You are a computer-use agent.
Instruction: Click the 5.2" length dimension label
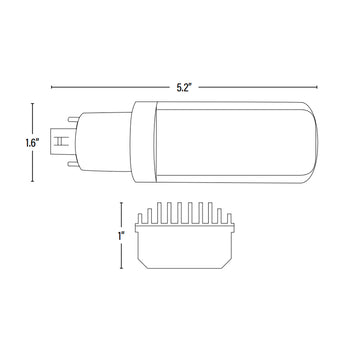[183, 88]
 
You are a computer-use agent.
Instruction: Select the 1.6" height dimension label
[33, 143]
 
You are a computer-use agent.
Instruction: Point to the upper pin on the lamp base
[73, 120]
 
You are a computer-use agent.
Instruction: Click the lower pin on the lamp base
[73, 164]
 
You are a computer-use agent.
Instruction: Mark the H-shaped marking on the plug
[60, 142]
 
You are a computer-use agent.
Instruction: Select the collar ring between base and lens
[144, 142]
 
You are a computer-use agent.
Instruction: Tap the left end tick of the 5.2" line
[51, 87]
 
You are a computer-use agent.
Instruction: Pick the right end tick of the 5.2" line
[317, 87]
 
